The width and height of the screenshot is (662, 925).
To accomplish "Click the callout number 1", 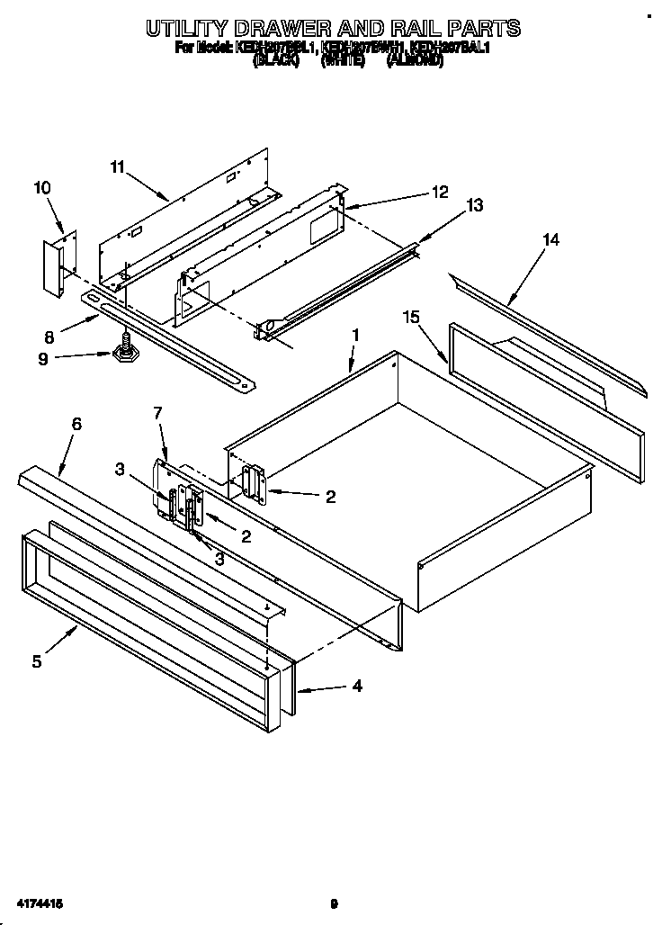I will click(355, 335).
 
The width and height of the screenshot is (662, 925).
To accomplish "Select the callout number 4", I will click(357, 687).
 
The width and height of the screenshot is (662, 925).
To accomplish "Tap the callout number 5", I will click(37, 661).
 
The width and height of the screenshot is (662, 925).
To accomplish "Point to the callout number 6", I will click(76, 424).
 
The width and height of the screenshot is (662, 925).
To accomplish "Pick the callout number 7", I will click(157, 413).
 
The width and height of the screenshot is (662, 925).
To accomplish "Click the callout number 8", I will click(48, 337).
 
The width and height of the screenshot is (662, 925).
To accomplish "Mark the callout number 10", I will click(42, 187).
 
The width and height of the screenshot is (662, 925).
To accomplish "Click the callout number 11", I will click(117, 166).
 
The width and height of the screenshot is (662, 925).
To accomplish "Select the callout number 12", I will click(439, 191).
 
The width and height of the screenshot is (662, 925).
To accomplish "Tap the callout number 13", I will click(475, 205).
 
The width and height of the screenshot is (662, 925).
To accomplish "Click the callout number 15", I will click(411, 317).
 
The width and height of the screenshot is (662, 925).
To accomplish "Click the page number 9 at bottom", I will click(333, 903).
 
